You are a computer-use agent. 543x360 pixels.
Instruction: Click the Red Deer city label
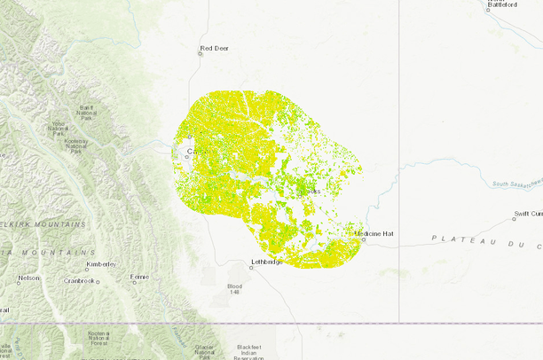[x=214, y=48]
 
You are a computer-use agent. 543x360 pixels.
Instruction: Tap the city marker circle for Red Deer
[x=200, y=53]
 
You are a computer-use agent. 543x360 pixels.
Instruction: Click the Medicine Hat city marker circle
[x=363, y=238]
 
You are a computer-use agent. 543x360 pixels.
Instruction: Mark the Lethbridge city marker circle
[x=251, y=267]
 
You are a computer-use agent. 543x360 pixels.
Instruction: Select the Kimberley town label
[x=101, y=264]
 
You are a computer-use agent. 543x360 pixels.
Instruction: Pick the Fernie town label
[x=139, y=278]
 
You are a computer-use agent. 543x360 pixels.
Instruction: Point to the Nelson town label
[x=28, y=278]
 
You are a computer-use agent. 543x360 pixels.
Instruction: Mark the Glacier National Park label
[x=204, y=350]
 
